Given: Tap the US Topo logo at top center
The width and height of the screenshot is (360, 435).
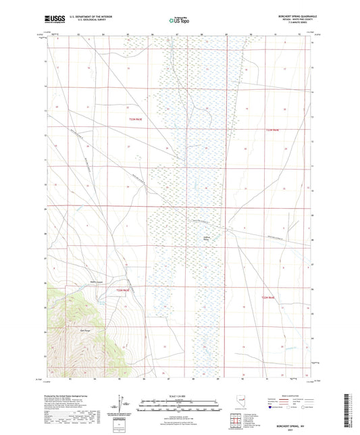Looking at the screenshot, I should (x=179, y=20).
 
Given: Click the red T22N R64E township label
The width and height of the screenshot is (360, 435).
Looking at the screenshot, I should (x=272, y=130).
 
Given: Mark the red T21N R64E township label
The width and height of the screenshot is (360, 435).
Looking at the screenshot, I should (x=270, y=297).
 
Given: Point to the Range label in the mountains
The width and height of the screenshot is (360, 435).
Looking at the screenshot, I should (x=85, y=330).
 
